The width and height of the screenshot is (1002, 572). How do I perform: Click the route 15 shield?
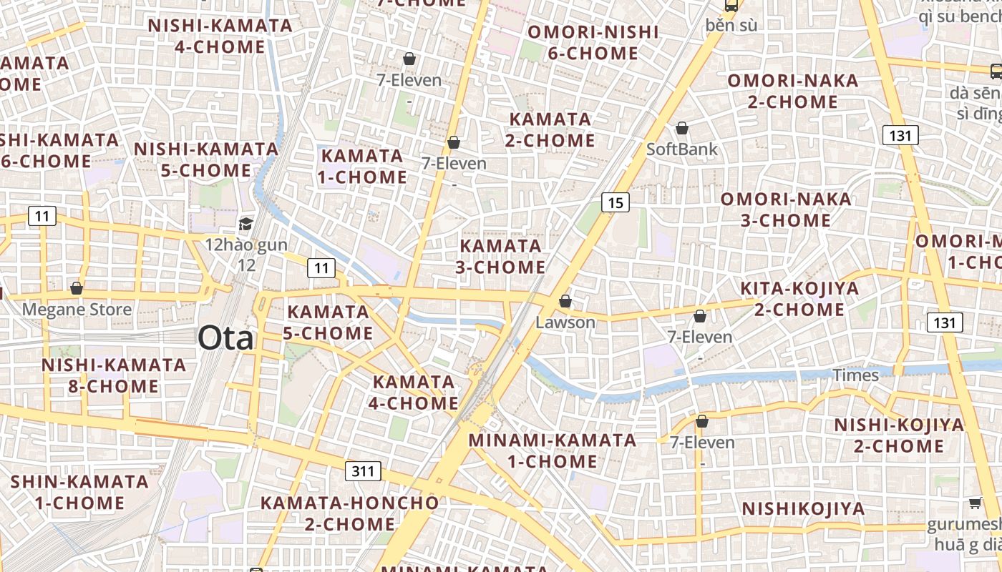(x=615, y=203)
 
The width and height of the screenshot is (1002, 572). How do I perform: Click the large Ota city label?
(x=225, y=338)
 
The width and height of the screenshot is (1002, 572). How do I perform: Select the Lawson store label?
(x=565, y=322)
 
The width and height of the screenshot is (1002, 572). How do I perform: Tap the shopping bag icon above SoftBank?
(x=682, y=128)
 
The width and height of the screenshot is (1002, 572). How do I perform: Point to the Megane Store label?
(x=77, y=310)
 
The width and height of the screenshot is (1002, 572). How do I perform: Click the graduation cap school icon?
(x=245, y=224)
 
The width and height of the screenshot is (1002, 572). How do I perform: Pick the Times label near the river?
(x=855, y=375)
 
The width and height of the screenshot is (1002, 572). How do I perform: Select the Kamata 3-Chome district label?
(x=501, y=257)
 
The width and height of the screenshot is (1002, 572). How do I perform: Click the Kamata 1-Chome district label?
(x=363, y=166)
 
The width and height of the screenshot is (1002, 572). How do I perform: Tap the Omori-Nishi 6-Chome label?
(x=593, y=43)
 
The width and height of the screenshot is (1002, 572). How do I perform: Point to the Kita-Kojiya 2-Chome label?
(x=799, y=299)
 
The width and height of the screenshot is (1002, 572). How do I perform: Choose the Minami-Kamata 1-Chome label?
(x=553, y=450)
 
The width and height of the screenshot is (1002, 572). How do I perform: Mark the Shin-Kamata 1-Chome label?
(x=79, y=492)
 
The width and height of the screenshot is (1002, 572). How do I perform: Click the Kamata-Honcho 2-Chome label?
(x=349, y=513)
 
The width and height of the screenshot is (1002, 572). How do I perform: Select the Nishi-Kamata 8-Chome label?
(x=113, y=375)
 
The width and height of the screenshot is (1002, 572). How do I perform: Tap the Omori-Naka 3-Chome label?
(x=786, y=209)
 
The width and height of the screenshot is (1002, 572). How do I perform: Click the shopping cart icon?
(x=975, y=503)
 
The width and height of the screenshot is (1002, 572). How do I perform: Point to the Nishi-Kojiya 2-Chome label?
(x=899, y=435)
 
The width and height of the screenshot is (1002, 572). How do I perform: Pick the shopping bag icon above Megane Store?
(x=77, y=288)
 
